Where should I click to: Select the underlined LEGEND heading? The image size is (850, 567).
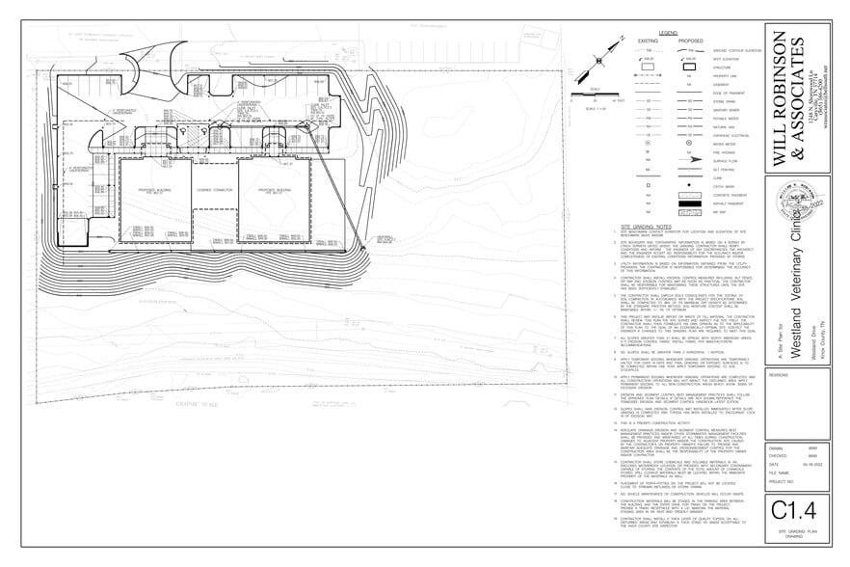click(669, 34)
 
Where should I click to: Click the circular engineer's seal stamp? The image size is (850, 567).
click(797, 208)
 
